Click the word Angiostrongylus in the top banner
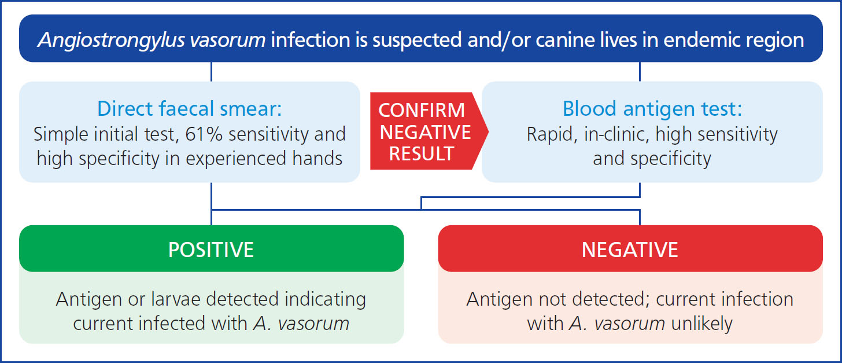tap(111, 41)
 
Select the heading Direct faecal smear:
tap(190, 108)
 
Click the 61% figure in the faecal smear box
tap(204, 134)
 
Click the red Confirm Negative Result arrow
tap(429, 131)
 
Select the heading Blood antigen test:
tap(652, 108)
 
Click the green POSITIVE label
tap(211, 250)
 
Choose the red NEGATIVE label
tap(630, 250)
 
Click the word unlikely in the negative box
tap(702, 324)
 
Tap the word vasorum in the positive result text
tap(313, 324)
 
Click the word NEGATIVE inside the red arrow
tap(425, 132)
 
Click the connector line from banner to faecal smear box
tap(211, 72)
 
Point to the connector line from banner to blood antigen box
tap(640, 72)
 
